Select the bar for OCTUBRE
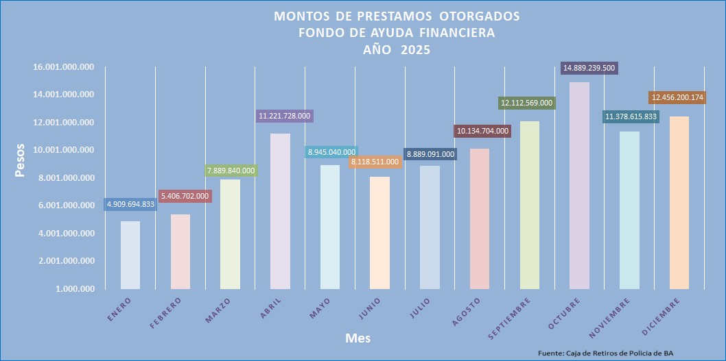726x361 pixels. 580,185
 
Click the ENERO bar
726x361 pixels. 130,254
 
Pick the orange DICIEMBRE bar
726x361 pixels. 679,202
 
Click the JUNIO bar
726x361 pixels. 380,232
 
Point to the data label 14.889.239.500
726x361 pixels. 589,68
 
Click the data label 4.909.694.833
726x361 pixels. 130,204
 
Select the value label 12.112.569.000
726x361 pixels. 526,103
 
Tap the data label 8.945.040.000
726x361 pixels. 330,152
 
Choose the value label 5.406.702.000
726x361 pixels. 185,196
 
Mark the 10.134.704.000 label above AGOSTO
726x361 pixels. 482,131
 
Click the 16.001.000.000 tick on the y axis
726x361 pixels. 62,67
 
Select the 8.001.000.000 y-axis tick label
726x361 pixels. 65,178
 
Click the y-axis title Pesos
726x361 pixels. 21,160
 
